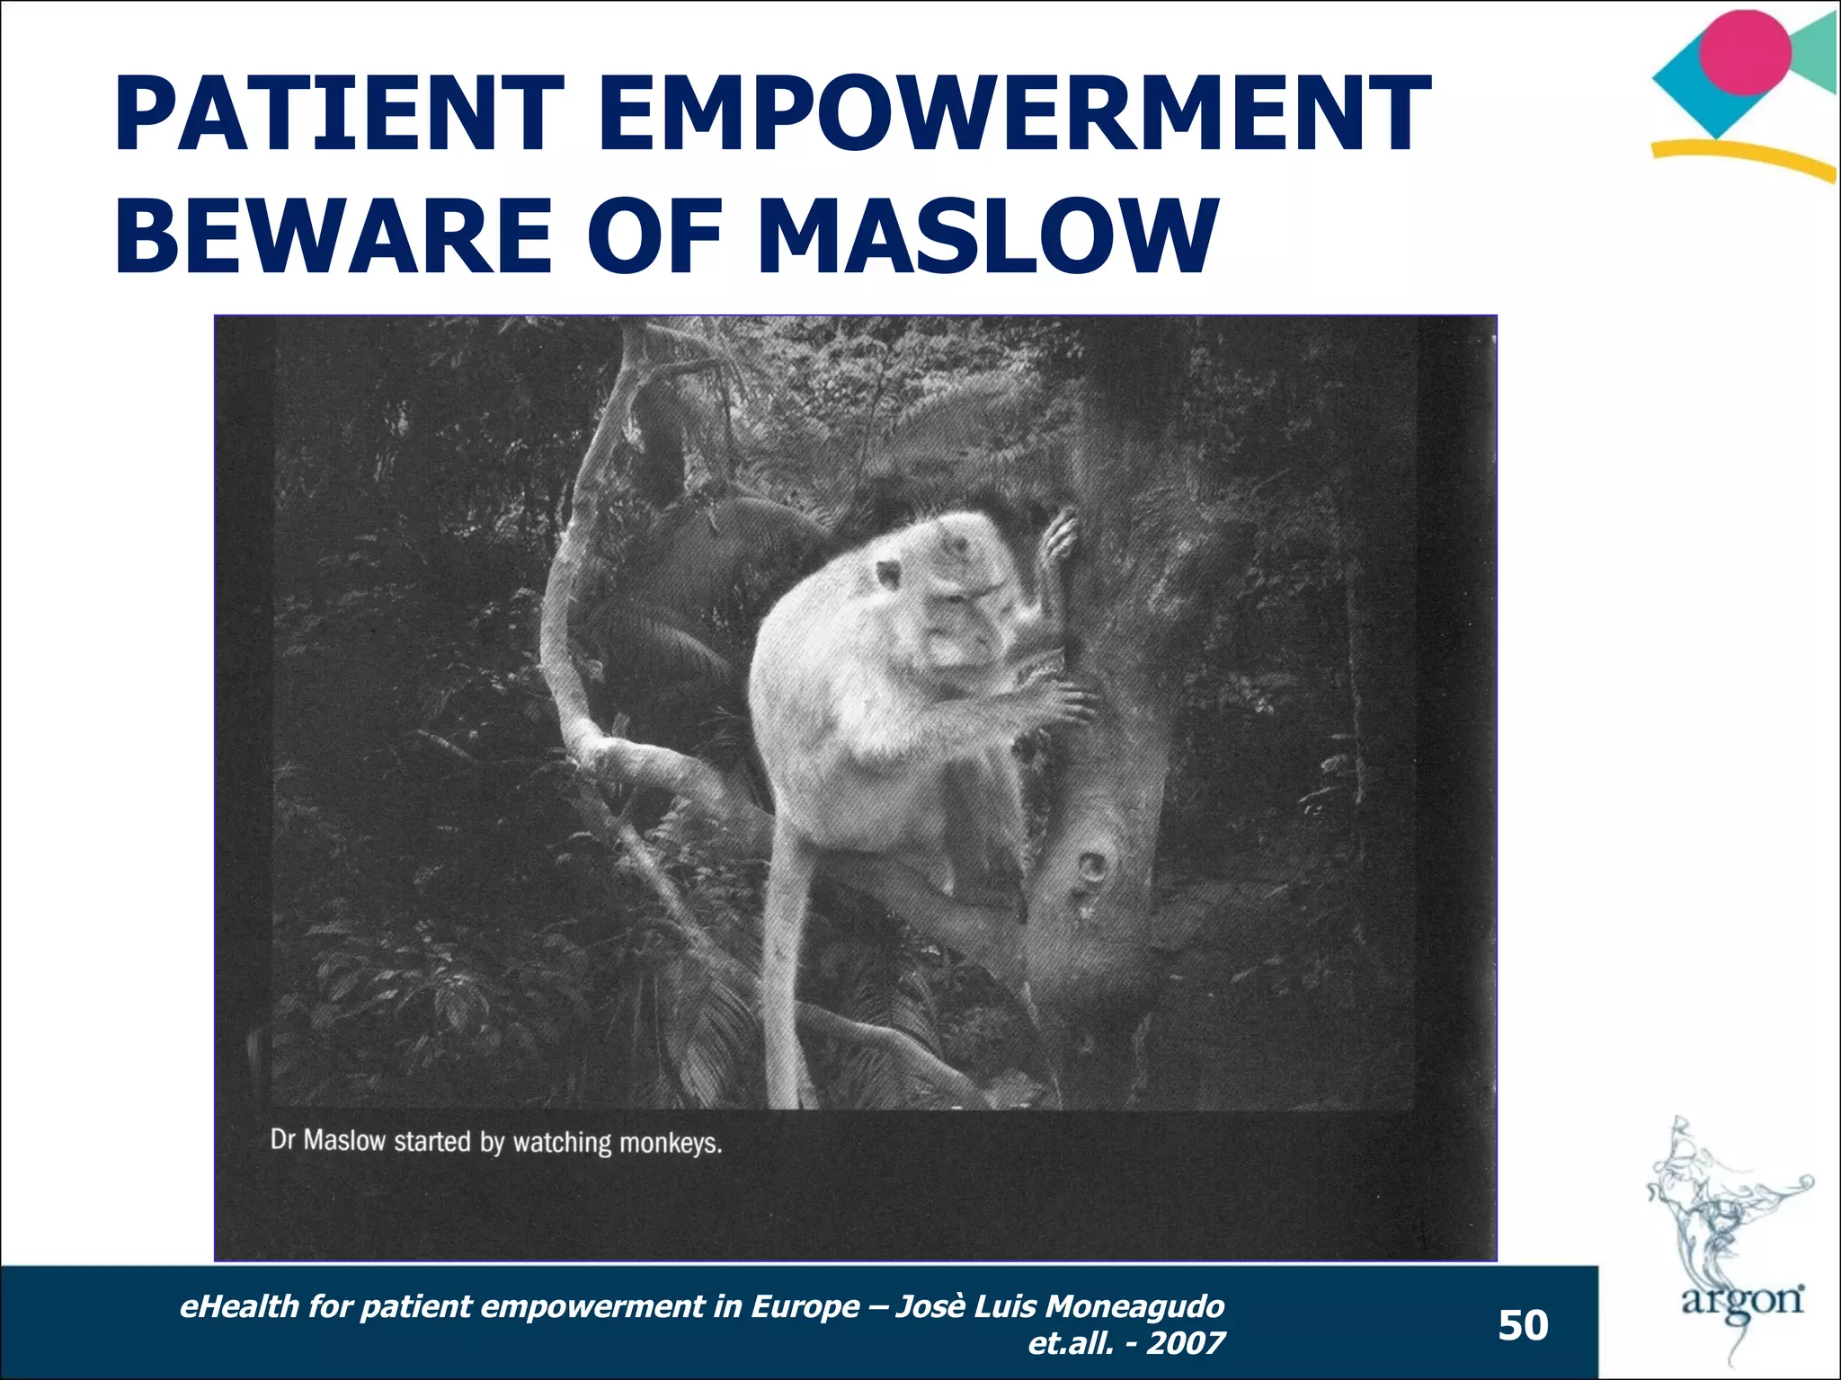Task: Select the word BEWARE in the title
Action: coord(333,235)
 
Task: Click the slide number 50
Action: coord(1523,1325)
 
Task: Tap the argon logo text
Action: coord(1742,1300)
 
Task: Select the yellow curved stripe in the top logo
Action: coord(1744,157)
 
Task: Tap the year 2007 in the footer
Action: coord(1186,1343)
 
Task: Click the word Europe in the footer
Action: coord(804,1305)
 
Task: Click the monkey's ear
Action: coord(889,573)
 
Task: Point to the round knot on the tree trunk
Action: coord(1093,868)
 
